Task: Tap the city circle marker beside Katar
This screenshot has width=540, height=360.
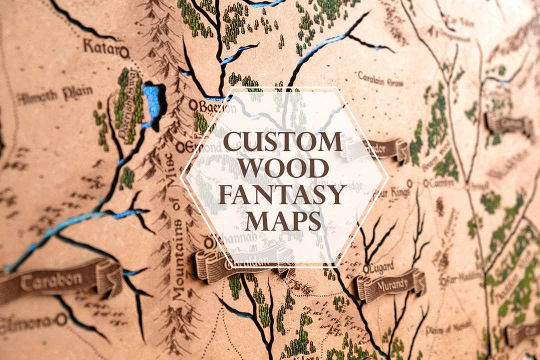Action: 124,51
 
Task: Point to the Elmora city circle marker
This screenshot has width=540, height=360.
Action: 61,319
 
